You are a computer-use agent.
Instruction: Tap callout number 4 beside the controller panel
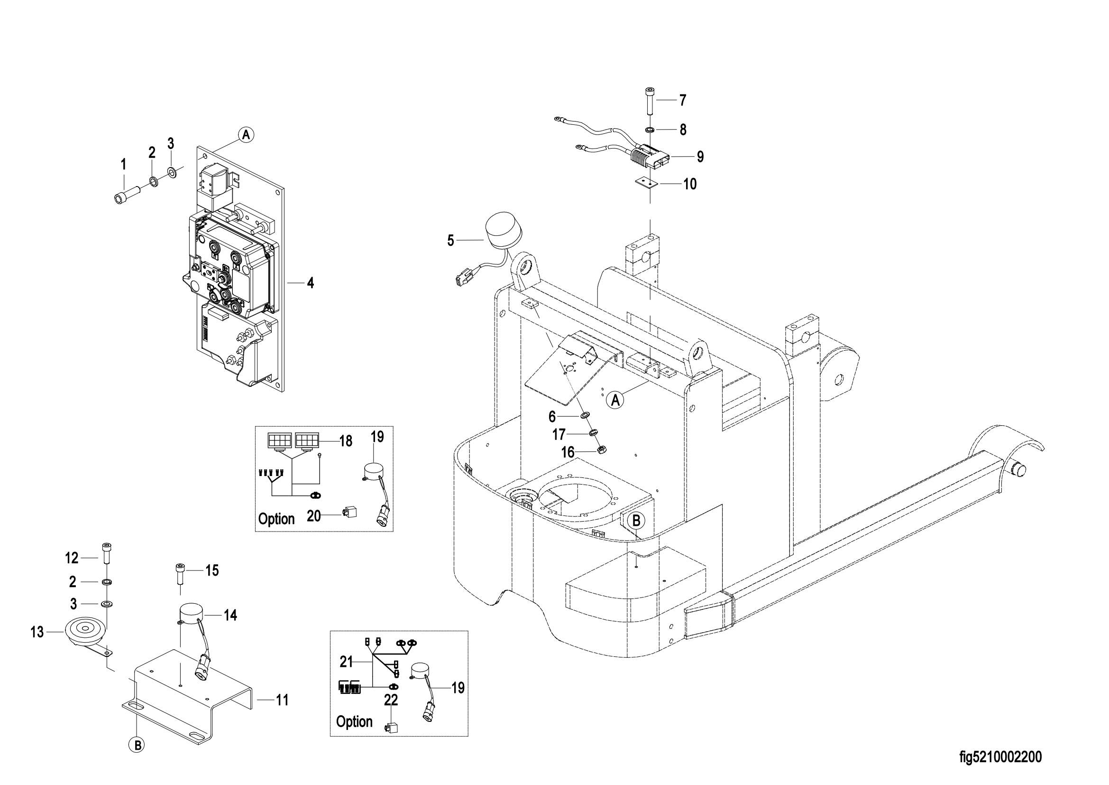[x=310, y=283]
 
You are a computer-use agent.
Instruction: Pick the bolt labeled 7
[x=649, y=101]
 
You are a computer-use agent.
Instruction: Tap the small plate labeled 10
[x=646, y=183]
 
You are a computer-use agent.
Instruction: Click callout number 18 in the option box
[x=346, y=441]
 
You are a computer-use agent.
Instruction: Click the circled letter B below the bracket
[x=137, y=745]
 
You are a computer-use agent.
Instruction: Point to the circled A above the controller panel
[x=246, y=134]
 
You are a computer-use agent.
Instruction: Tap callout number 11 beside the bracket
[x=282, y=700]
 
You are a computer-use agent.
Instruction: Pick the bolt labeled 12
[x=106, y=553]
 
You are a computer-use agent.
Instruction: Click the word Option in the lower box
[x=355, y=722]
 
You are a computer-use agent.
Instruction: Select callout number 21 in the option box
[x=346, y=662]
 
